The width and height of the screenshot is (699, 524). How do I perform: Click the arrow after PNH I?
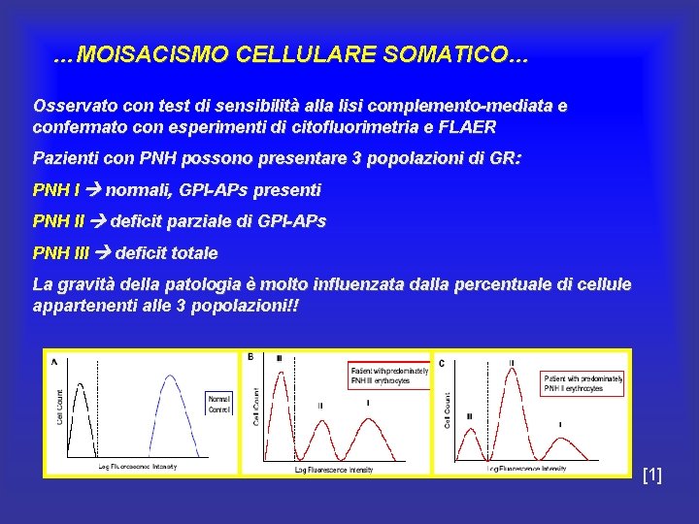point(94,190)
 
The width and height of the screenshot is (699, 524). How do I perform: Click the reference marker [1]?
point(652,475)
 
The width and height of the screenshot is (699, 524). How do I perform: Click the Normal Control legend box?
point(217,403)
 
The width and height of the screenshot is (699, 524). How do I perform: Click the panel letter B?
point(250,356)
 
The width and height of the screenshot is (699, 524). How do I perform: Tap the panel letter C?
point(442,363)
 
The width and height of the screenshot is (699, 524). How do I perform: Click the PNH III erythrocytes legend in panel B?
point(388,377)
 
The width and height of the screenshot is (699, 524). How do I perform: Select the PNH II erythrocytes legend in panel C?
point(583,383)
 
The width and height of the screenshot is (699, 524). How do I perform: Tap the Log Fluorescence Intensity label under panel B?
point(334,471)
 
